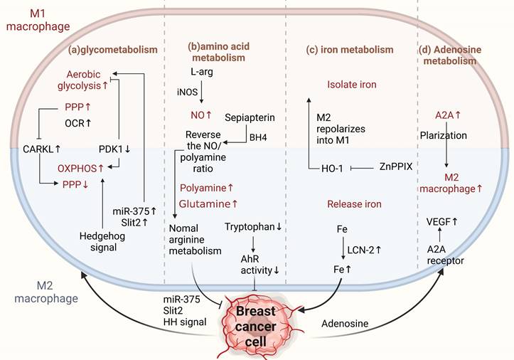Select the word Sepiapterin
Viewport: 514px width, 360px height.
coord(250,116)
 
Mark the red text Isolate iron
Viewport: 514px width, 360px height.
coord(351,85)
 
